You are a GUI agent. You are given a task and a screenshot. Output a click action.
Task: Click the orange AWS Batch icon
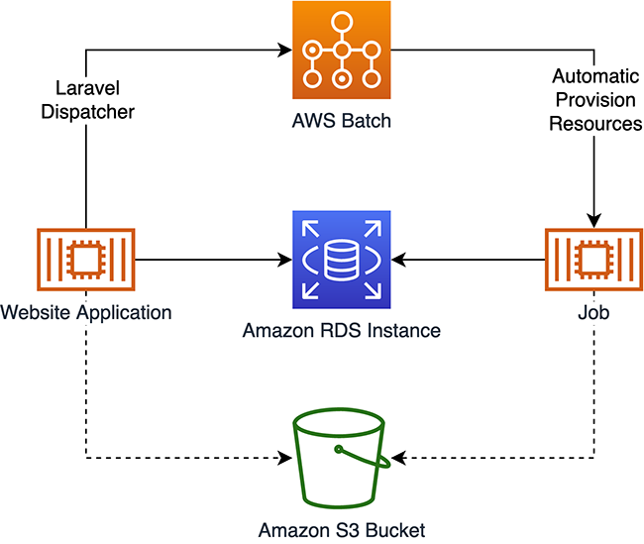click(x=341, y=51)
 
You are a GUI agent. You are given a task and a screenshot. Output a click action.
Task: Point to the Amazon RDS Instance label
click(x=342, y=330)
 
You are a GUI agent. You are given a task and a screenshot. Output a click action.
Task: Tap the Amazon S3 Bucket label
click(x=341, y=530)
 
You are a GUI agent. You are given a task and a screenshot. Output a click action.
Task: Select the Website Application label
click(x=86, y=312)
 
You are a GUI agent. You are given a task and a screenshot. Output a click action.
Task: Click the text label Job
click(x=594, y=312)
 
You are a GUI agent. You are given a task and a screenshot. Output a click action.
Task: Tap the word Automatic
click(x=595, y=76)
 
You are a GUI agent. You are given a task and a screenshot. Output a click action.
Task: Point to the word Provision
click(x=595, y=100)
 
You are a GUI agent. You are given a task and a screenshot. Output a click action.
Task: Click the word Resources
click(x=595, y=124)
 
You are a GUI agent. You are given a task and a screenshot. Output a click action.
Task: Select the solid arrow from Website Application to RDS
click(x=208, y=260)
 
